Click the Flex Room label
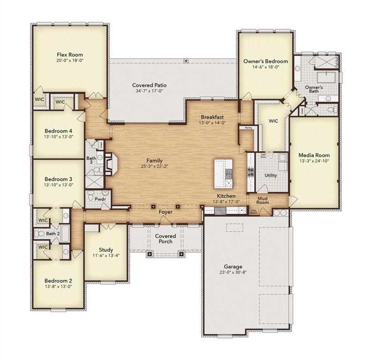coord(69,55)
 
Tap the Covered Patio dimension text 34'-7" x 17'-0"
coord(149,92)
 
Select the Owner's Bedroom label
coord(265,61)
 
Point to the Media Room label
coord(314,155)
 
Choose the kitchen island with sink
coord(224,173)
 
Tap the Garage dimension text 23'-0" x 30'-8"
coord(232,272)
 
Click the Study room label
coord(106,249)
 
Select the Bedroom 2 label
coord(58,280)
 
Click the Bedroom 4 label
coord(58,131)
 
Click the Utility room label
coord(270,175)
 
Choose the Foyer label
coord(165,212)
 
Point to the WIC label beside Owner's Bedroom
coord(273,121)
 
